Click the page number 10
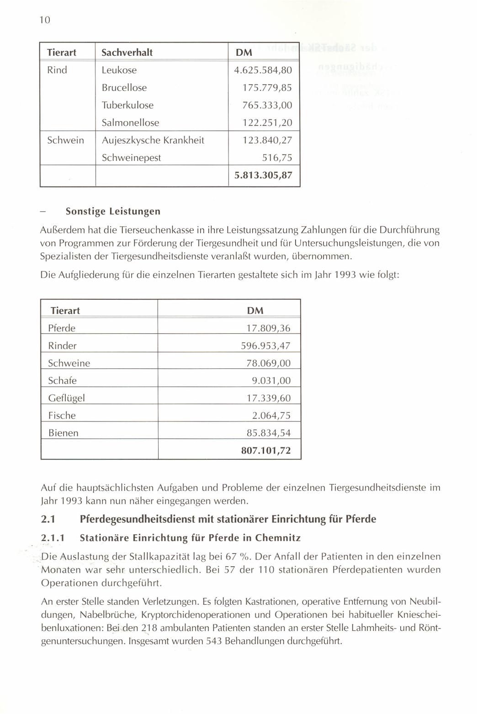(44, 20)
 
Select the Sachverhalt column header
(127, 53)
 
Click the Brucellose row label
(124, 88)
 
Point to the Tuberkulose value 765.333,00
(267, 105)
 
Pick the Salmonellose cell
(130, 123)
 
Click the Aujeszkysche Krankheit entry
(153, 140)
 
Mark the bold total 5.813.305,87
(263, 175)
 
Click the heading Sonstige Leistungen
(113, 211)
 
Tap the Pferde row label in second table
(62, 328)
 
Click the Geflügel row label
(66, 398)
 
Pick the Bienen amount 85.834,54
(269, 433)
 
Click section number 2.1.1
(53, 538)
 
